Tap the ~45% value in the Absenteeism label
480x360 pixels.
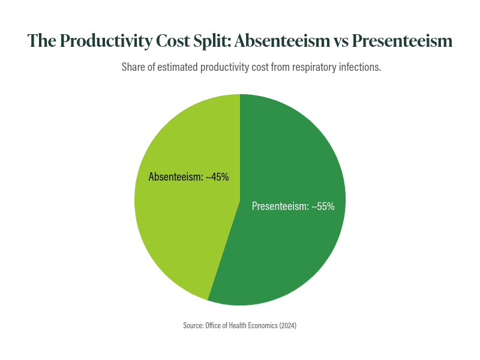(217, 177)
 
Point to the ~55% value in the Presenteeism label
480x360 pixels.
(323, 206)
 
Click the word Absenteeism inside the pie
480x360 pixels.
(174, 177)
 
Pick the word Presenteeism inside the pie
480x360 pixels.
(279, 206)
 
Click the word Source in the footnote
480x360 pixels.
(193, 325)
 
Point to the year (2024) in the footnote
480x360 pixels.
(287, 325)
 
